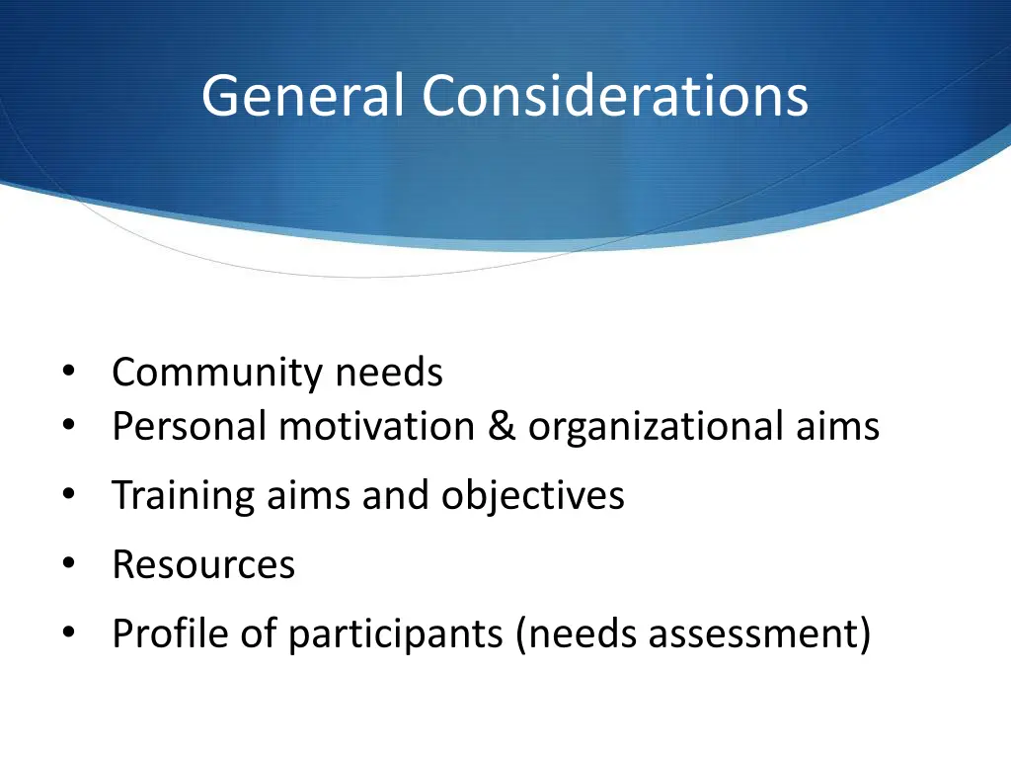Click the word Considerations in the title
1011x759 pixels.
[615, 96]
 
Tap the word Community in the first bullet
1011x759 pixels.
[217, 374]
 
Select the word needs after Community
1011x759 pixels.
[388, 374]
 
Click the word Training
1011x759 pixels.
[184, 495]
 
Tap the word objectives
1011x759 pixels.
[532, 495]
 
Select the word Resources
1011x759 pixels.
[203, 564]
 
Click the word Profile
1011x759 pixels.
[171, 633]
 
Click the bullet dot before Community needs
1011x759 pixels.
[68, 373]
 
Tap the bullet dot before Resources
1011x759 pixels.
[68, 563]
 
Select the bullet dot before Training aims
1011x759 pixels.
[68, 494]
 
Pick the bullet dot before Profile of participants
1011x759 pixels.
[68, 632]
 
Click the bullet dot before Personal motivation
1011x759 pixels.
[68, 426]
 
